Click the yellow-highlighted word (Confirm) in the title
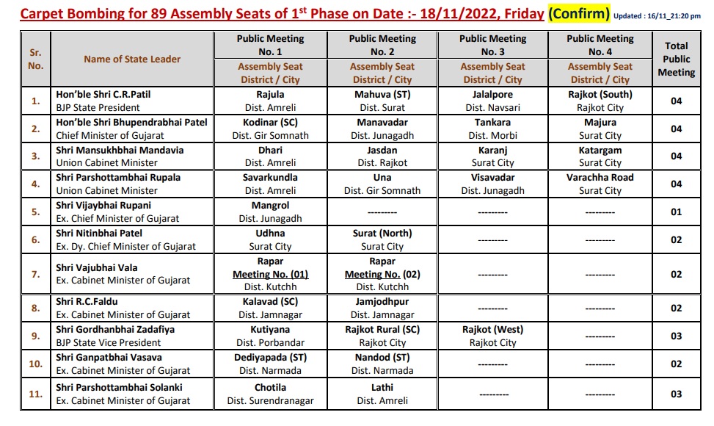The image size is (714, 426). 579,13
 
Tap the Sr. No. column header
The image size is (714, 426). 36,59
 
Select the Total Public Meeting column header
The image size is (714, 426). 676,59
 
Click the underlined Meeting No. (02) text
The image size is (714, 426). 382,274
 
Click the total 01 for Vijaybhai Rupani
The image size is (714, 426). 676,212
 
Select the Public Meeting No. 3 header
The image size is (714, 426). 492,45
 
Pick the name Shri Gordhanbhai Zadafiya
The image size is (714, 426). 115,330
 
